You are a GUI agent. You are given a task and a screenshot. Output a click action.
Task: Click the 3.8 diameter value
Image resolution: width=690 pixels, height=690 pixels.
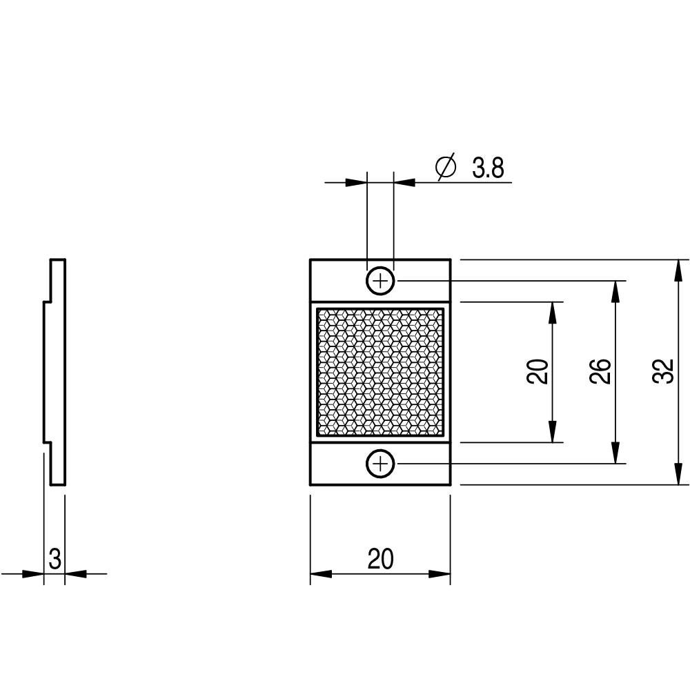488,168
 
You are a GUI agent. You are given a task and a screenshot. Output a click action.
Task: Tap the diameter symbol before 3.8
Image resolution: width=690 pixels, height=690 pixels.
446,167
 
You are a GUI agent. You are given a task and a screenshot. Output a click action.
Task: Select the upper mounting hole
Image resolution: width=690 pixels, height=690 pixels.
380,281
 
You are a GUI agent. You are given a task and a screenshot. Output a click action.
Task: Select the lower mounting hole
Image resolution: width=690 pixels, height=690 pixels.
380,464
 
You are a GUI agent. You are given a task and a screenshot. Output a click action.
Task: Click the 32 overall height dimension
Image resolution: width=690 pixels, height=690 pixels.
664,372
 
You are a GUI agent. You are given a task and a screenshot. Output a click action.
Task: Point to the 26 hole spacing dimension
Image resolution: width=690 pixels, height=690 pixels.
601,372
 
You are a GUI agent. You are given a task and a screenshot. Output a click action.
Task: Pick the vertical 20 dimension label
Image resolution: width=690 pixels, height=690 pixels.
538,372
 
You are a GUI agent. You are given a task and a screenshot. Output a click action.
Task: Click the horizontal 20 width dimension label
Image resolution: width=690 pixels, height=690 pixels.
380,560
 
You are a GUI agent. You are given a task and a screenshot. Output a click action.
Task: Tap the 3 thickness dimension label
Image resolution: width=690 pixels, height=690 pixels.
55,560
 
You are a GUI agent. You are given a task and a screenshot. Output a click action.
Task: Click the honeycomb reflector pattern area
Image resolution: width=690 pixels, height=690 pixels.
380,372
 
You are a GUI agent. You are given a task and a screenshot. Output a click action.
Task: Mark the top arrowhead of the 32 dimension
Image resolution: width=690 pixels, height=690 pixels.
678,270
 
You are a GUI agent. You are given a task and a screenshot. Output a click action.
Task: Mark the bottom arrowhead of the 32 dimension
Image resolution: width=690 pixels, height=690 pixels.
678,475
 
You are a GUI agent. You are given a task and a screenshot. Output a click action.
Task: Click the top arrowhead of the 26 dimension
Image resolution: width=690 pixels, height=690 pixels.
615,291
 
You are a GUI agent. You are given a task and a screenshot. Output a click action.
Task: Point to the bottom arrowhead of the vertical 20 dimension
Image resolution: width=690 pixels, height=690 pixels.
553,432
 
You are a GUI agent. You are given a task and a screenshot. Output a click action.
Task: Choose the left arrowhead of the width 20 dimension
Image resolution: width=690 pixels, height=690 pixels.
322,574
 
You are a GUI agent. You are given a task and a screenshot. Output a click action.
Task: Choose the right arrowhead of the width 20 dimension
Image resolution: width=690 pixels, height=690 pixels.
440,574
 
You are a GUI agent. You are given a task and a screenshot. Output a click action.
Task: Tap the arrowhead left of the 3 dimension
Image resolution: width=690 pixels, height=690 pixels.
33,574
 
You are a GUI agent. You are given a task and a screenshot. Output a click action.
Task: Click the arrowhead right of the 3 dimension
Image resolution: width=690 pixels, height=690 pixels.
76,574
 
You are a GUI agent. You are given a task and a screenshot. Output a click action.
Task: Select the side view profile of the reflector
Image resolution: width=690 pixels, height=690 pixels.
55,372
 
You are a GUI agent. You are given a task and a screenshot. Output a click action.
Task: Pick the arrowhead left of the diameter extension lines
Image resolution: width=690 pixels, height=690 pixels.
356,182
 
